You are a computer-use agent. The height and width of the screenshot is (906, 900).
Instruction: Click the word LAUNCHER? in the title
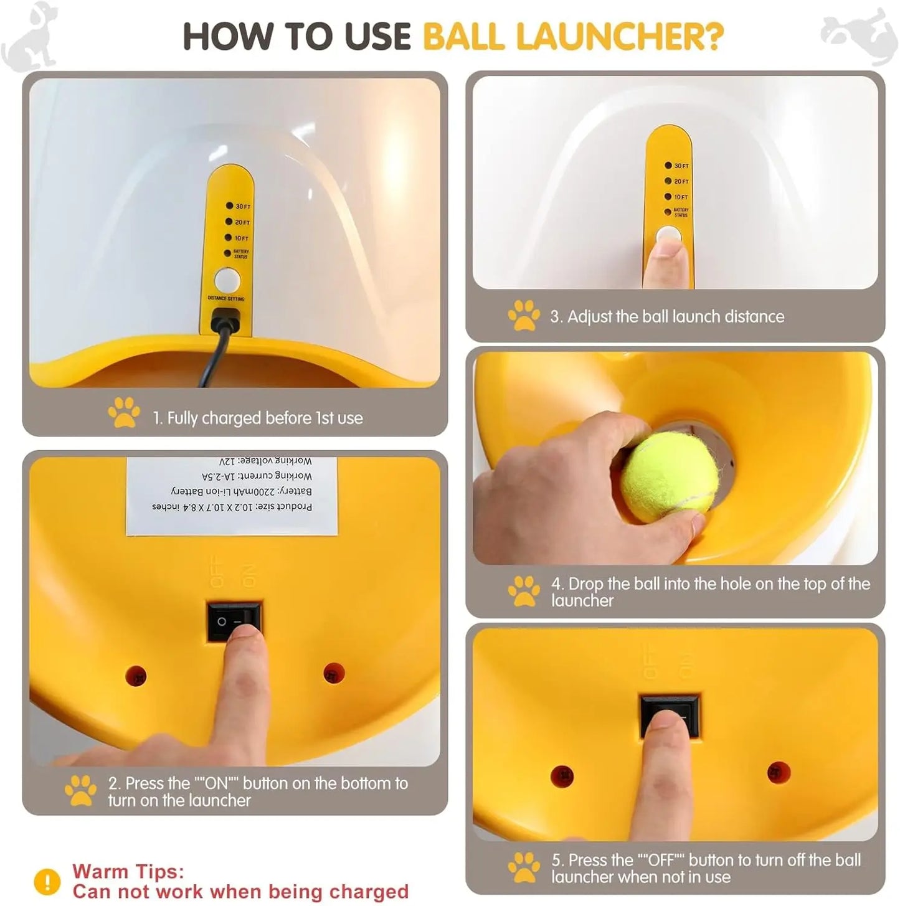pos(620,37)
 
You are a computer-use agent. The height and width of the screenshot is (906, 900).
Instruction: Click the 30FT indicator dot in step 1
pos(229,205)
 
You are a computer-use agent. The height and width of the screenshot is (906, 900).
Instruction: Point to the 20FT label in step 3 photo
pos(681,181)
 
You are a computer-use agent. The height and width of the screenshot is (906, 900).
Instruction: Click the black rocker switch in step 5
pos(670,716)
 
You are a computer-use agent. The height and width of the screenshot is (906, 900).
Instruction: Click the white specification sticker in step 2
pos(232,496)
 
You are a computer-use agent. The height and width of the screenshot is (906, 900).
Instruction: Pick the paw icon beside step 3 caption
pos(524,316)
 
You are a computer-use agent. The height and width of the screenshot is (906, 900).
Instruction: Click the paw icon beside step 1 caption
pos(124,412)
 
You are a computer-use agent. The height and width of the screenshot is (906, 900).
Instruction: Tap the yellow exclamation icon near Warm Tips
pos(47,881)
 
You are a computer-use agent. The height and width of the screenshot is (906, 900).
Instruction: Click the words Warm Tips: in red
pos(128,871)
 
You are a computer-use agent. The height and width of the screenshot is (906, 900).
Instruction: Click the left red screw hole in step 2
pos(136,676)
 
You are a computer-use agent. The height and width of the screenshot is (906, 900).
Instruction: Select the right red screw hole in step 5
pos(778,773)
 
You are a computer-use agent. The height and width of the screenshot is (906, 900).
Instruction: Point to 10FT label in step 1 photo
pos(241,238)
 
